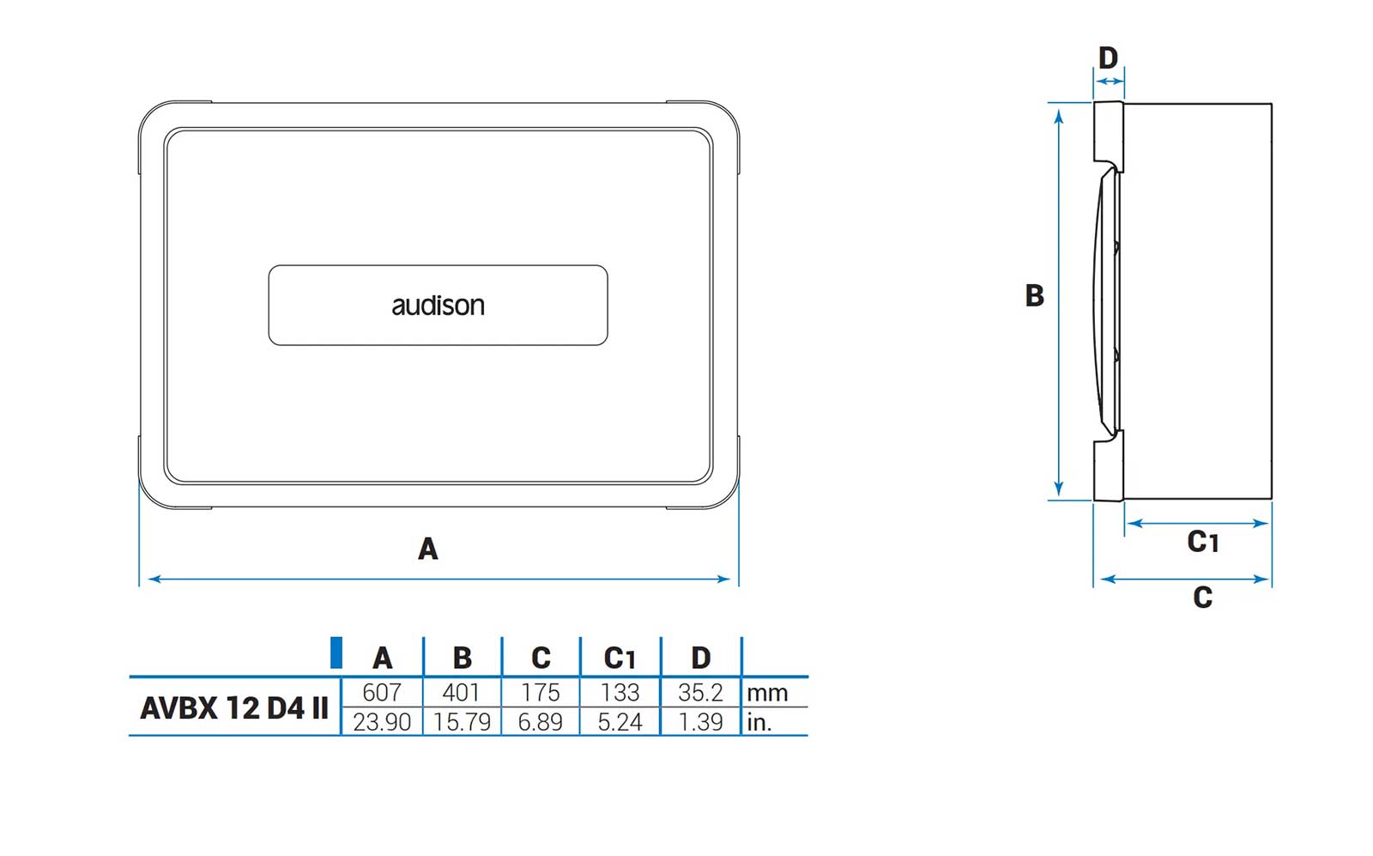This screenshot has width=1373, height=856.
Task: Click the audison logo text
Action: [438, 306]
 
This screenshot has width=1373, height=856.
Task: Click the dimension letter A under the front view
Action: [427, 548]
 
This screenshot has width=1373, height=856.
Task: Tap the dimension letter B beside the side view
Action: [1035, 295]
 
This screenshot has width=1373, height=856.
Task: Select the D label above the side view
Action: [1108, 58]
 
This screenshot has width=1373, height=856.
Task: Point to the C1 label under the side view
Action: [1202, 542]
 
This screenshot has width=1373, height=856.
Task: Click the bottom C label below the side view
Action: [1202, 597]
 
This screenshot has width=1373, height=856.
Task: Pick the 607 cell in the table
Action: [382, 692]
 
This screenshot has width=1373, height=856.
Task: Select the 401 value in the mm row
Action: [462, 692]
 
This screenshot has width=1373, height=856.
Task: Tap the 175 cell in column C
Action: [541, 692]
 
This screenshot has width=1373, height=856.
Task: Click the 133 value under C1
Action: [620, 692]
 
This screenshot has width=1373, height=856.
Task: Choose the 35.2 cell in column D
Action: [700, 692]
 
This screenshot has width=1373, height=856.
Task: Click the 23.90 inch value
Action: [382, 722]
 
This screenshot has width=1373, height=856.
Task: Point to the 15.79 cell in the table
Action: [462, 722]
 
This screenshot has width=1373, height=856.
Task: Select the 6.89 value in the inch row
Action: [541, 722]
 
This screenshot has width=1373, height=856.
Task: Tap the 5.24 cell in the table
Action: [620, 722]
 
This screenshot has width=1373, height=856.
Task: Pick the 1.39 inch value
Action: [700, 722]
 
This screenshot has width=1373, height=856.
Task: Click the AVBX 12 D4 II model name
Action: [234, 708]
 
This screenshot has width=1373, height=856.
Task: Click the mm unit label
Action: [767, 693]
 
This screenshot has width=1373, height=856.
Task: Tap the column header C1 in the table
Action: [620, 658]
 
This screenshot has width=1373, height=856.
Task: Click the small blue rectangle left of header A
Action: [336, 653]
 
